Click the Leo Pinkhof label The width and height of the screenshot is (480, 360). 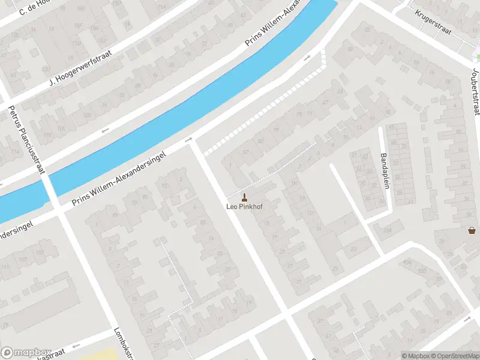[x=244, y=207]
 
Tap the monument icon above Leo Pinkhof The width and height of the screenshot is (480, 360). [x=244, y=197]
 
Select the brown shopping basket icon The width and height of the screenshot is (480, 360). [x=472, y=230]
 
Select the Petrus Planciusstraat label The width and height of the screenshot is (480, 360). [x=26, y=139]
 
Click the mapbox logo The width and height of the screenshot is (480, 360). [x=26, y=353]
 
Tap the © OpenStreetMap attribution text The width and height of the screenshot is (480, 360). [x=455, y=356]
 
